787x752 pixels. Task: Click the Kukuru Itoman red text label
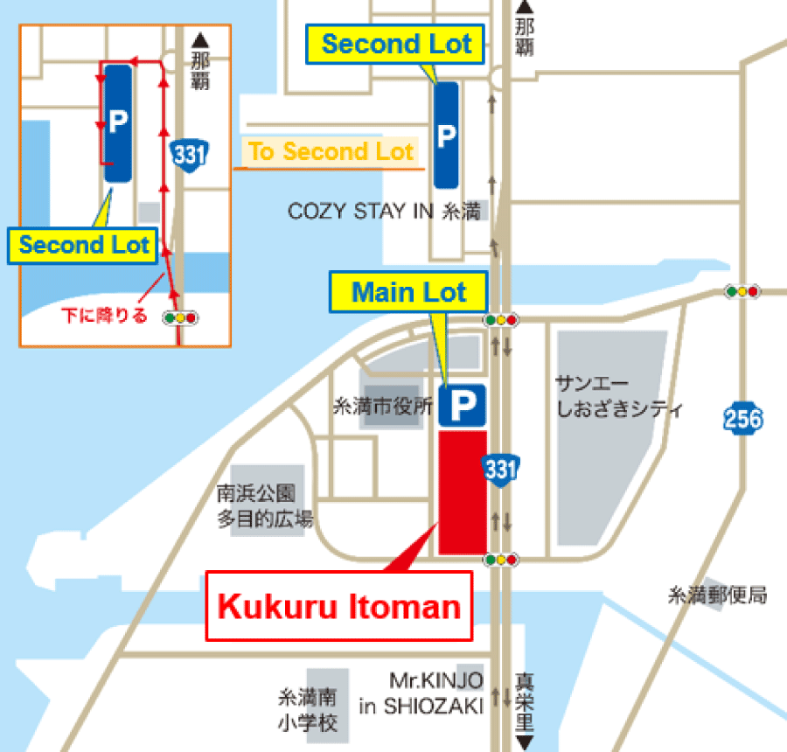click(x=338, y=607)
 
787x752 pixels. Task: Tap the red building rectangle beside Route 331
click(x=462, y=491)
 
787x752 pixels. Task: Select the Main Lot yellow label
click(x=408, y=292)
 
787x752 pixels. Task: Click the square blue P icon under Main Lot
click(x=462, y=404)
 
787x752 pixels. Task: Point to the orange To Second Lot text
click(x=331, y=152)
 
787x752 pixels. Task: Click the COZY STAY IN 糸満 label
click(x=385, y=212)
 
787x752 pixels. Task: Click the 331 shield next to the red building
click(x=500, y=470)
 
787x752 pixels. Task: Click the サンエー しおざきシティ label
click(x=618, y=396)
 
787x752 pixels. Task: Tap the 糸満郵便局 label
click(x=717, y=596)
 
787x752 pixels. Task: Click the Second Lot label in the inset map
click(x=85, y=245)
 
